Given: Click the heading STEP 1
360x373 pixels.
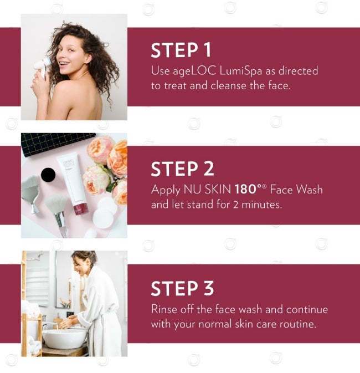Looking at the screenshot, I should pyautogui.click(x=181, y=50).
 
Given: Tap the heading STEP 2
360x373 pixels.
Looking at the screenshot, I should pyautogui.click(x=182, y=169).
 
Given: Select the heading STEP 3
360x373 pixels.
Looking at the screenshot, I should pyautogui.click(x=182, y=288).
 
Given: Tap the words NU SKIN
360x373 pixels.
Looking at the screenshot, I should pyautogui.click(x=208, y=190).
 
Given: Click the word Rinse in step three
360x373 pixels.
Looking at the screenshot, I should pyautogui.click(x=164, y=309).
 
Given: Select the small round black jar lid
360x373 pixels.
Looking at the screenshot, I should pyautogui.click(x=48, y=174).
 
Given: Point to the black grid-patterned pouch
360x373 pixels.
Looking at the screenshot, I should pyautogui.click(x=55, y=142).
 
